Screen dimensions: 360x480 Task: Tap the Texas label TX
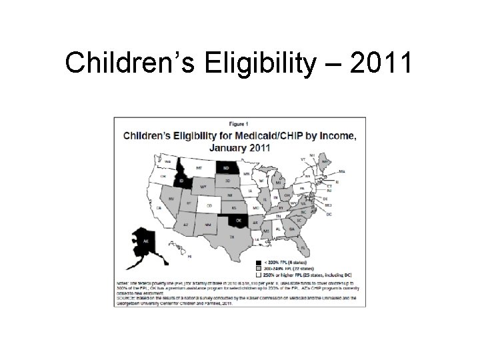pyautogui.click(x=231, y=237)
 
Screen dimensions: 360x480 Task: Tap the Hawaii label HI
pyautogui.click(x=189, y=257)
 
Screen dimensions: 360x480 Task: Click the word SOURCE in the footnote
pyautogui.click(x=128, y=298)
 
